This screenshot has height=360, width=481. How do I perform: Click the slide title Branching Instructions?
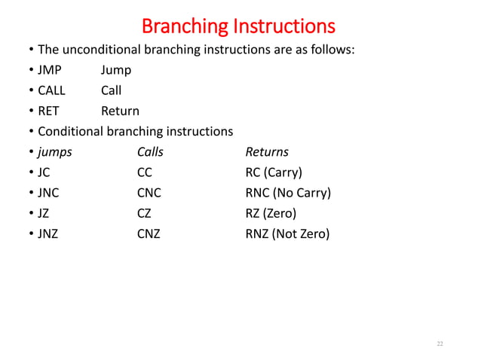pos(238,26)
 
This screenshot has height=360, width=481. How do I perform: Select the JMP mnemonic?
pos(51,70)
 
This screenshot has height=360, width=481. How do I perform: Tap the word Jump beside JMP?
pos(116,70)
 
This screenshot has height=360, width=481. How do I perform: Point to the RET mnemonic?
pos(49,111)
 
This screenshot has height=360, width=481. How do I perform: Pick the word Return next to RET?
pos(120,111)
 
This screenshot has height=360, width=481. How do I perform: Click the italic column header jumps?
pos(55,151)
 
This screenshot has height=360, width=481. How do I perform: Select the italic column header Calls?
pos(150,151)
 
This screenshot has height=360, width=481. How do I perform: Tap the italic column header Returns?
pos(267,151)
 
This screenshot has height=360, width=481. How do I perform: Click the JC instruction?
pos(45,172)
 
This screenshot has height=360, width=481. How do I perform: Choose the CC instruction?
pos(145,172)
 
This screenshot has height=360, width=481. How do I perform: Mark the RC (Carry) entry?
pos(274,172)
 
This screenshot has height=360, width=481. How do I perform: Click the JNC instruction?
pos(49,193)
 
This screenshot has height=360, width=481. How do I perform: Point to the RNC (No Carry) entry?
pos(288,193)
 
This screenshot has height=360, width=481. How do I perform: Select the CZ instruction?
pos(144,213)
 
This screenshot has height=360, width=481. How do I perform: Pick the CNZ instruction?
pos(149,233)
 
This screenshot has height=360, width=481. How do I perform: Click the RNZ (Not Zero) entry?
pos(287,233)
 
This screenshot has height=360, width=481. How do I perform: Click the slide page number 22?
pos(440,344)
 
